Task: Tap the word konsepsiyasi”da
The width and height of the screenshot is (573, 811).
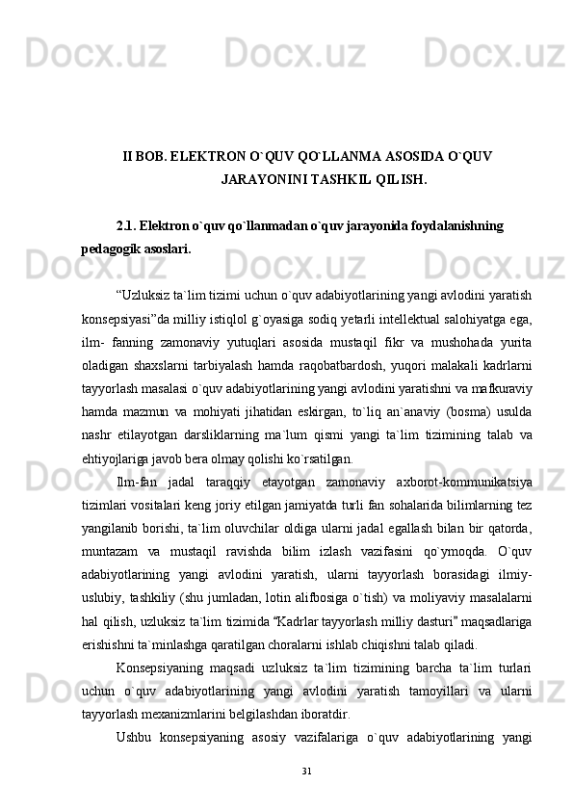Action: [x=122, y=317]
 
